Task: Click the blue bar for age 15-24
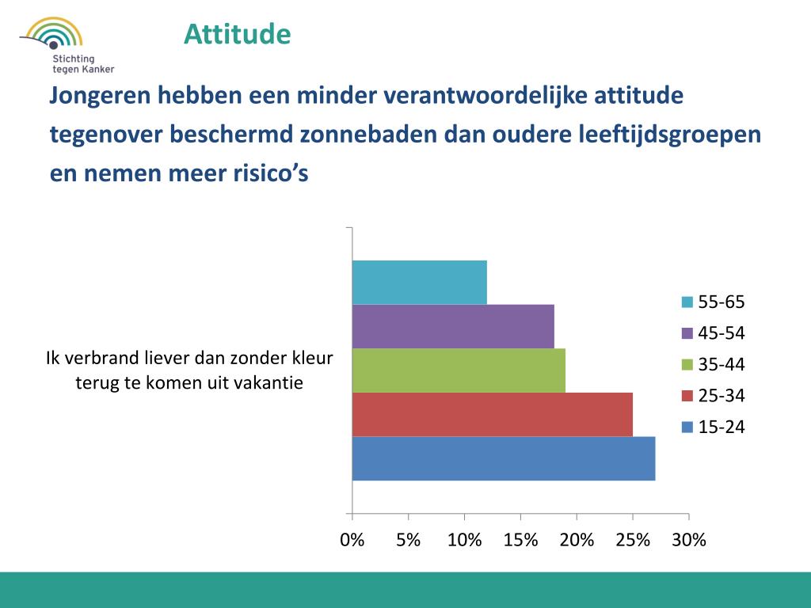[504, 458]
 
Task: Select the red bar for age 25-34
[493, 414]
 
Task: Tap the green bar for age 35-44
[459, 370]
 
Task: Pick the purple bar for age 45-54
[453, 326]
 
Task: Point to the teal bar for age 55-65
[420, 283]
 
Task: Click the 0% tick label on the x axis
[352, 541]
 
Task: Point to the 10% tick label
[464, 541]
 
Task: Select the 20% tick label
[577, 541]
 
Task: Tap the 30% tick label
[689, 541]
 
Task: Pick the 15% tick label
[520, 541]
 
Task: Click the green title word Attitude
[238, 34]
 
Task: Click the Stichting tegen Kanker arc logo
[53, 36]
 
